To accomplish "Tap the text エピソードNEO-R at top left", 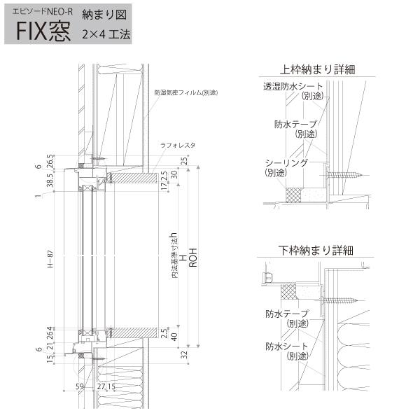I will click(43, 12).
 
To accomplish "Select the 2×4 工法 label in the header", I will click(106, 33).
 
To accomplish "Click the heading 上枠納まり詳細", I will click(317, 69).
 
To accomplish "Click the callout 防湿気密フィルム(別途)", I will click(185, 92).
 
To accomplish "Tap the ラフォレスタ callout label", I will click(178, 145).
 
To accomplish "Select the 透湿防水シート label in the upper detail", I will click(293, 87).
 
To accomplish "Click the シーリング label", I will click(286, 162).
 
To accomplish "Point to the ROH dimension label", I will click(193, 258).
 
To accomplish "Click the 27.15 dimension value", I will click(106, 386).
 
